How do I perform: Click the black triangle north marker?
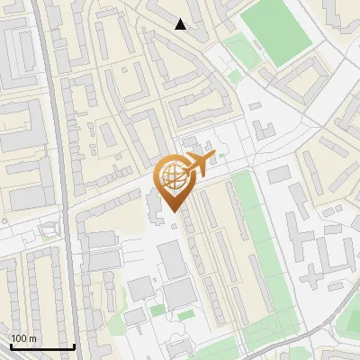[181, 25]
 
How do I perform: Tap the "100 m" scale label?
[23, 338]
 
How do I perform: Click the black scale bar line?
[42, 346]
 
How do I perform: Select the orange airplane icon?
[195, 165]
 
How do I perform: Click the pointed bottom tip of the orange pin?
[171, 211]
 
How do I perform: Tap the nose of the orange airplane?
[212, 156]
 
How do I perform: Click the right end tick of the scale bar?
[74, 345]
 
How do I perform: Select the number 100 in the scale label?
[19, 338]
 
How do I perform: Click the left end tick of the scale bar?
[11, 345]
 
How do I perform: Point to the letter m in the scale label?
[33, 338]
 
